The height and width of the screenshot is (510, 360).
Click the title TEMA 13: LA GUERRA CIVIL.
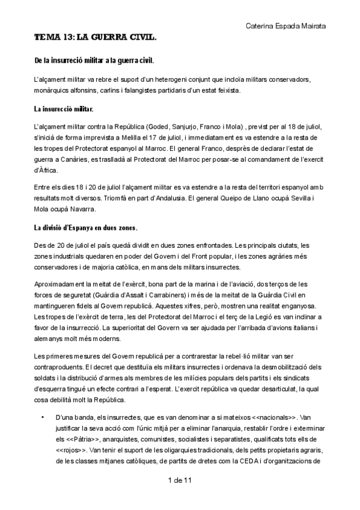pos(96,38)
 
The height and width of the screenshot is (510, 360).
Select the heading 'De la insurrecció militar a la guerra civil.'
pos(94,61)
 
